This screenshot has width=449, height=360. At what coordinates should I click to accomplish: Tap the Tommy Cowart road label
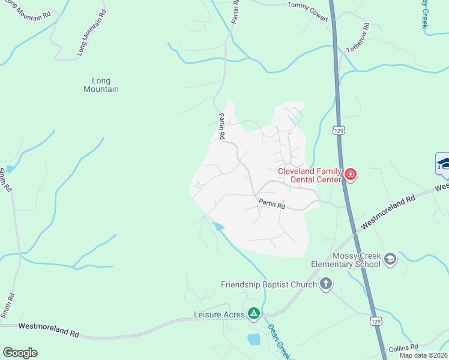coord(308,13)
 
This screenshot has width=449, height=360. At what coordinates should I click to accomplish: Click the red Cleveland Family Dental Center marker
coord(350,175)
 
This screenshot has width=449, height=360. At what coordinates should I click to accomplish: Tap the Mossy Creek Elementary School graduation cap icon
coord(390,259)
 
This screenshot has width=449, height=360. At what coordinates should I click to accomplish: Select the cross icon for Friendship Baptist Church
coord(325,284)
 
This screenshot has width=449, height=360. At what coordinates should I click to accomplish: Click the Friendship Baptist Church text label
coord(268,284)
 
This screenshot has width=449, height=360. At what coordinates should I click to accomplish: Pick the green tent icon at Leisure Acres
coord(254,313)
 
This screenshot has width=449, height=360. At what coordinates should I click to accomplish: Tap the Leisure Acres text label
coord(219,314)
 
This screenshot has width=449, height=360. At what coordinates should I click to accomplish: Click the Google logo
coord(20,353)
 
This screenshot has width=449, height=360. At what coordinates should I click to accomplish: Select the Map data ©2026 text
coord(423,355)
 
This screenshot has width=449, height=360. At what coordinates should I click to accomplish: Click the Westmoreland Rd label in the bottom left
coord(49,329)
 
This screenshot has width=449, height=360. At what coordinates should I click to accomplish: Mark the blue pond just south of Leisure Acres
coord(254,340)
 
